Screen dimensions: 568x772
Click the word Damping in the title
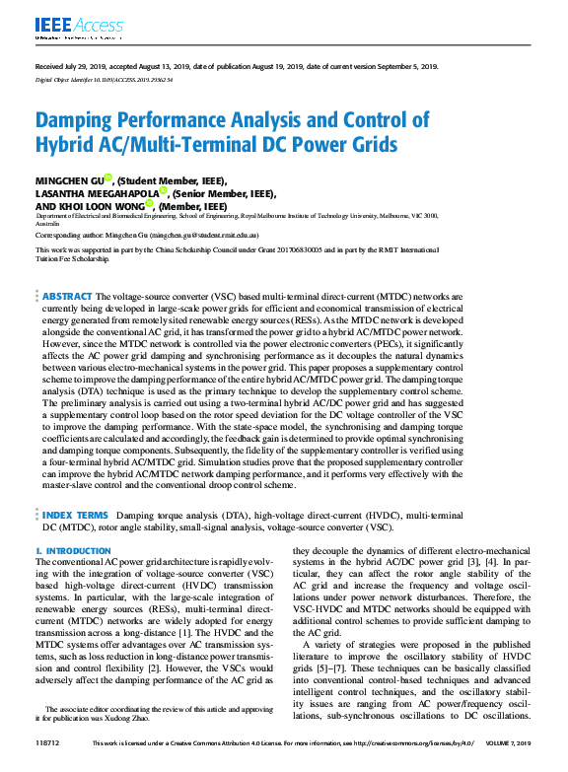pos(77,120)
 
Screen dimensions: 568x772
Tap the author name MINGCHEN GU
pos(72,181)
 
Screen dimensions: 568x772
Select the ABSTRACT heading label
pos(67,296)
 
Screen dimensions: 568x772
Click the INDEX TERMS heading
pos(75,515)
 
